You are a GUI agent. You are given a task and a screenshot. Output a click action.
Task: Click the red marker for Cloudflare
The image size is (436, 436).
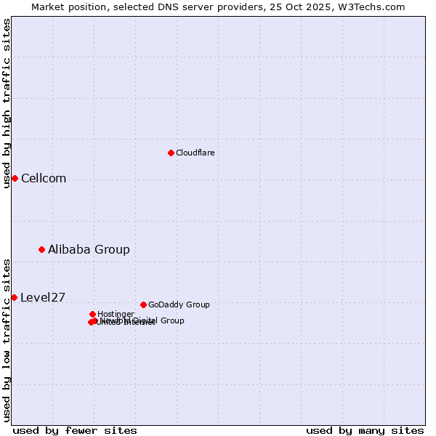tap(171, 153)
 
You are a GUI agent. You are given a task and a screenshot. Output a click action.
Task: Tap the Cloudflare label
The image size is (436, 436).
tap(195, 153)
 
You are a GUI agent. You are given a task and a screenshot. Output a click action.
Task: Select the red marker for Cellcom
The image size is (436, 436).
tap(15, 178)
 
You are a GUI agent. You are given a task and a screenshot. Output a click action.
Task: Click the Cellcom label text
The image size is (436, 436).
tap(44, 179)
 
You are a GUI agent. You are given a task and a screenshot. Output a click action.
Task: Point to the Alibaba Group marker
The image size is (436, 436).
tap(41, 249)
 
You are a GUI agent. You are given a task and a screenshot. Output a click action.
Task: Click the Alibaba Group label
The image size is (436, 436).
tap(89, 249)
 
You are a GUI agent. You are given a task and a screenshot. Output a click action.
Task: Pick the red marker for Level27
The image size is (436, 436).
tap(14, 297)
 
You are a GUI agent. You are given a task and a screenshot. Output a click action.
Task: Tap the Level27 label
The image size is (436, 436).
tap(43, 297)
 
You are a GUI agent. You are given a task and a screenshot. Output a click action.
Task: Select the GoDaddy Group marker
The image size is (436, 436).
tap(143, 304)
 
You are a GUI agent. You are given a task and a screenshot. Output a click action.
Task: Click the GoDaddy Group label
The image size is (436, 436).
tap(179, 304)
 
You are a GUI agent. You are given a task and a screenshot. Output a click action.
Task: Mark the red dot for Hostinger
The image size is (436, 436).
tap(92, 314)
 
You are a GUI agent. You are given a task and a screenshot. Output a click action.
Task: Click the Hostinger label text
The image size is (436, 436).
tap(116, 314)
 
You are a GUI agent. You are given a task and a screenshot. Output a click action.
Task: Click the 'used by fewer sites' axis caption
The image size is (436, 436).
tap(75, 430)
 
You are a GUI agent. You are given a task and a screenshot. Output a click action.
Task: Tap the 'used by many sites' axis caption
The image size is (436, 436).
tap(365, 430)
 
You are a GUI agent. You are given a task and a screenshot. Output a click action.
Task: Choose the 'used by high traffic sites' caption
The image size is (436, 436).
tap(7, 103)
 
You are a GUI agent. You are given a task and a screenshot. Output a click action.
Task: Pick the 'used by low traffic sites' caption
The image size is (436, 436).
tap(7, 340)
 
